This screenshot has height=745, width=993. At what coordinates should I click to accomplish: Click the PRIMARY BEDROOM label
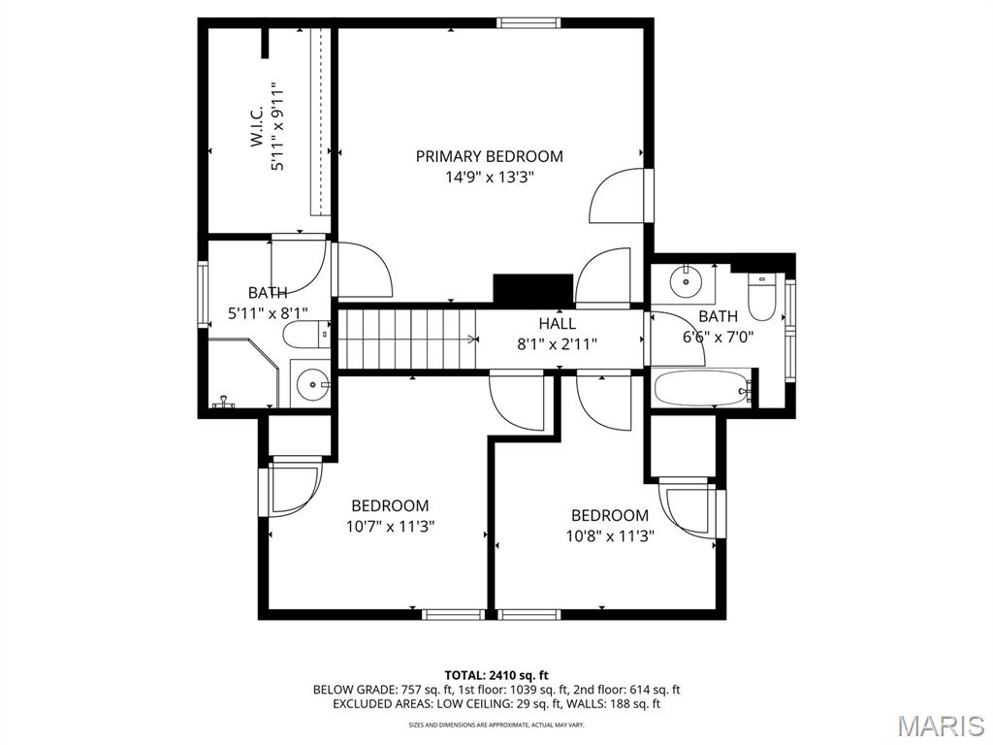[489, 156]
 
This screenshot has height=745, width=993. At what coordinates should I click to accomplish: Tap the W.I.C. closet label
[257, 126]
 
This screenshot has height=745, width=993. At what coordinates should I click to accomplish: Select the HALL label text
[558, 323]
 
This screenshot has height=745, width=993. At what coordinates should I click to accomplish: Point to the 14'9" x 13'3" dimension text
[490, 178]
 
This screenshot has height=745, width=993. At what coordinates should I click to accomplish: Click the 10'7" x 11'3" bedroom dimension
[390, 527]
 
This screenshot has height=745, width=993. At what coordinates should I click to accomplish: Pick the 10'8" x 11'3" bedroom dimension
[610, 536]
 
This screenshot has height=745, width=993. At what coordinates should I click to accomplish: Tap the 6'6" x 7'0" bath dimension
[718, 337]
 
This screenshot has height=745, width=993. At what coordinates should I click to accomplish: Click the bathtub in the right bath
[702, 388]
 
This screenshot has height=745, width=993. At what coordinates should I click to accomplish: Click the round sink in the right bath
[686, 280]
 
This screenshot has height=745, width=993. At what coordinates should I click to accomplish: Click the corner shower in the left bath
[243, 373]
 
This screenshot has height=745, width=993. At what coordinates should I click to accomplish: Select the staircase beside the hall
[407, 339]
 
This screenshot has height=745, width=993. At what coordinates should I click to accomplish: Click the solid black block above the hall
[533, 289]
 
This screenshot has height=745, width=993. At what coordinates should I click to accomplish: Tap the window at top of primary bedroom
[529, 23]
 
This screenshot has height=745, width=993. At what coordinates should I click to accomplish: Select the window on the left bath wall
[203, 295]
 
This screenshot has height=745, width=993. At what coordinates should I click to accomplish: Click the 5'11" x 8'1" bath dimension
[268, 313]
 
